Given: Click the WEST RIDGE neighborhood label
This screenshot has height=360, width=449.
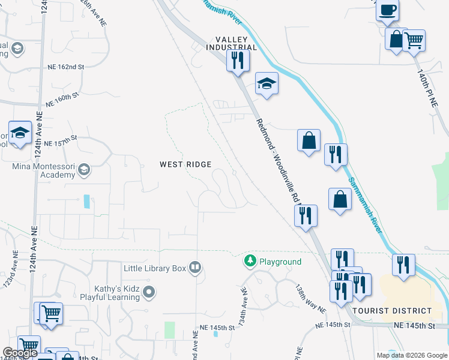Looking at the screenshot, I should [185, 164].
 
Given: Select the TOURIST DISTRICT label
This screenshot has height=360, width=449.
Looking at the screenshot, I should [400, 311].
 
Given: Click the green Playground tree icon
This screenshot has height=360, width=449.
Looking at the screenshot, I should [250, 262].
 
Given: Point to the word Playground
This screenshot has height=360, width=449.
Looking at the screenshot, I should [280, 262].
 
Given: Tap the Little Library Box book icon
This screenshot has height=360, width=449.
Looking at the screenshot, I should [194, 268].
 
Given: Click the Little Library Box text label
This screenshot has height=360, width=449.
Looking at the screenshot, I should [155, 268].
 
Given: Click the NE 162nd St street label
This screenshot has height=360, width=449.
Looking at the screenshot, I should [62, 67].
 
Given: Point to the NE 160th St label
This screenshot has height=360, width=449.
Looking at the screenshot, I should [62, 100].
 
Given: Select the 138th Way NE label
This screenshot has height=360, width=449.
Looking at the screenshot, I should [310, 299].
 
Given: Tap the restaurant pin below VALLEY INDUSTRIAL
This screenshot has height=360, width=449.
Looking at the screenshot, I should [238, 60].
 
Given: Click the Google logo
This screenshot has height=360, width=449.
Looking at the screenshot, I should [20, 353].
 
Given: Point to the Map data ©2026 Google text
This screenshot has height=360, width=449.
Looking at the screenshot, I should [412, 355].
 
